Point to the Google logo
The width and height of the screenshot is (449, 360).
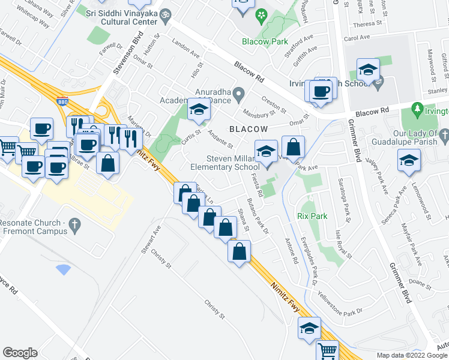tap(20, 353)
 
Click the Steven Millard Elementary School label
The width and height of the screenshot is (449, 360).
tap(233, 163)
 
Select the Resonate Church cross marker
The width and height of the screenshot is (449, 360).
tap(74, 226)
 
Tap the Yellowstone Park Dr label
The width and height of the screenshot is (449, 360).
tap(340, 304)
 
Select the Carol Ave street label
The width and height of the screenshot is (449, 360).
tap(357, 38)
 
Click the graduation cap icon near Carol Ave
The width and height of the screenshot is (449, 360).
tap(367, 70)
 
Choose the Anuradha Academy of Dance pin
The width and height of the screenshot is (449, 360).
tap(238, 92)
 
